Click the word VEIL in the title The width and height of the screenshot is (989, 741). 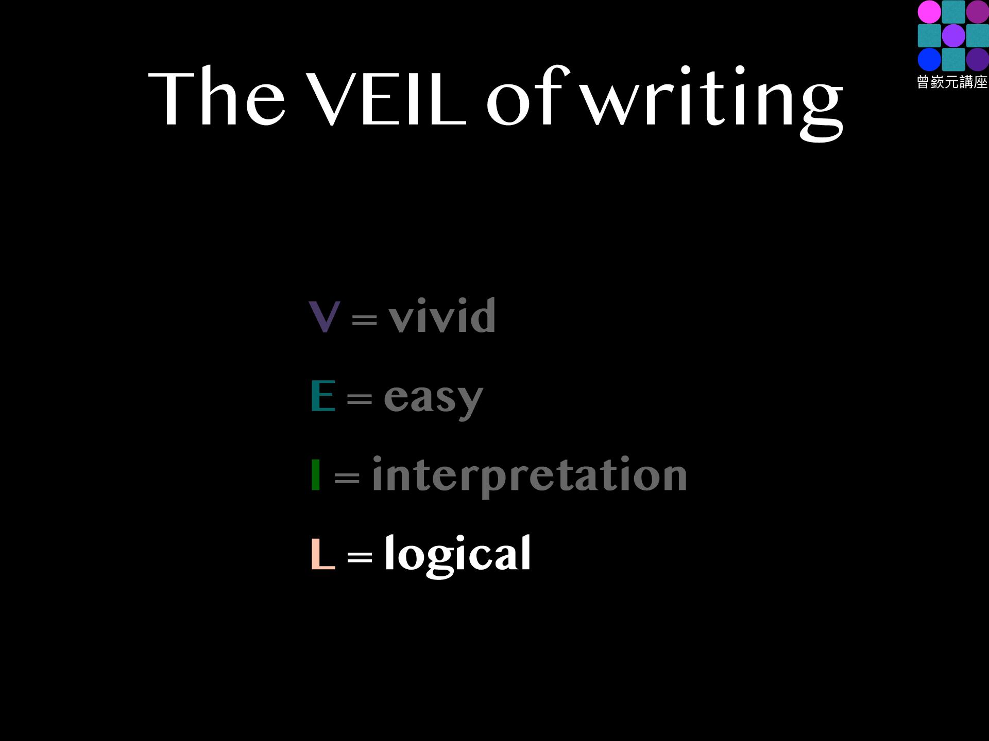pos(386,98)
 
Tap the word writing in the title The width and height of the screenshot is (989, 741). pos(714,103)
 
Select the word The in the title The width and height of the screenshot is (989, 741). pos(217,96)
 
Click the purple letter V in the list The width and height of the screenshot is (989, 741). pos(324,316)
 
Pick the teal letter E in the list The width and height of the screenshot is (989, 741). pos(323,395)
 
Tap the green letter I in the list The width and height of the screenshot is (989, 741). pos(316,474)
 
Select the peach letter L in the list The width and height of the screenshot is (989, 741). pos(323,554)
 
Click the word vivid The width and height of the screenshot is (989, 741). pos(442,315)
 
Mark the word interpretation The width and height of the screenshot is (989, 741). pos(530,476)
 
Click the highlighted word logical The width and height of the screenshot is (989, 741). pos(458,555)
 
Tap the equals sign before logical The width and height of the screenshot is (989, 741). pos(360,556)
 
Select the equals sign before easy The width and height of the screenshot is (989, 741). pos(360,398)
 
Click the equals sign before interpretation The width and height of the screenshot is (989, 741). pos(347,477)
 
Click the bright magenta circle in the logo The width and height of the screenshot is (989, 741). pos(929,12)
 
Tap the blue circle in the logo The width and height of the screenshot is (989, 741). pos(929,59)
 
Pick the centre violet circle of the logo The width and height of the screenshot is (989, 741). pos(953,36)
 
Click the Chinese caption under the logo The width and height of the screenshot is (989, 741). pos(952,82)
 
